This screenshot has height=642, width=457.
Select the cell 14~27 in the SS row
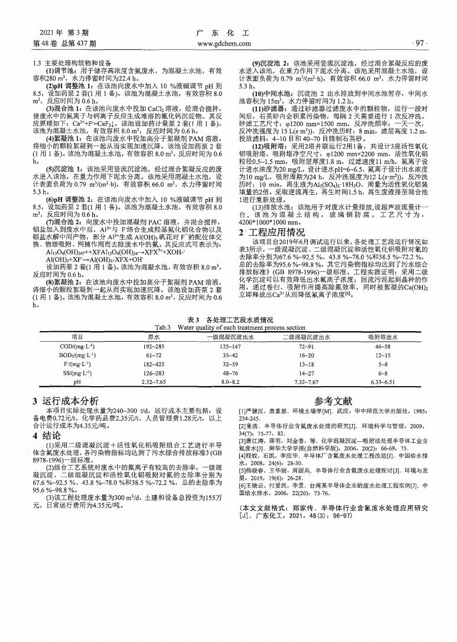305,374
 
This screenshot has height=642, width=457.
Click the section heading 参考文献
333,401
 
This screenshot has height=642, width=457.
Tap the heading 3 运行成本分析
66,401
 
